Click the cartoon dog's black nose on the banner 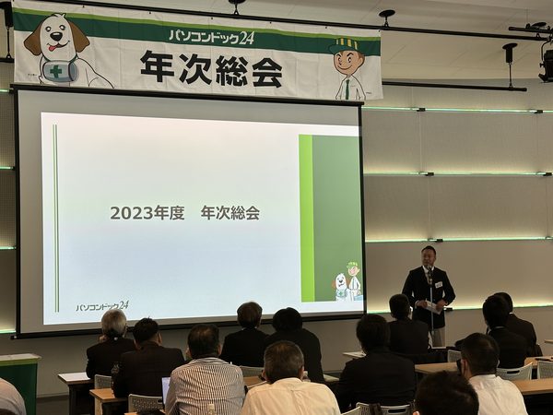tap(55, 36)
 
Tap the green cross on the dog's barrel tap(55, 72)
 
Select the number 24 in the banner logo tap(246, 38)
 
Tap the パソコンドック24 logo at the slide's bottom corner tap(102, 306)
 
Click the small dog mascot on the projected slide tap(341, 286)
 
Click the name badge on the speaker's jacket tap(439, 284)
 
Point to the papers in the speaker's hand tap(433, 307)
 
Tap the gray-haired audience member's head tap(114, 324)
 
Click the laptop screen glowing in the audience tap(165, 387)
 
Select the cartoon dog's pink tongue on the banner tap(53, 48)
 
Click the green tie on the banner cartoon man tap(347, 89)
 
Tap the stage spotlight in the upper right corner tap(546, 65)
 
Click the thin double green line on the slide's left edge tap(55, 218)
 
